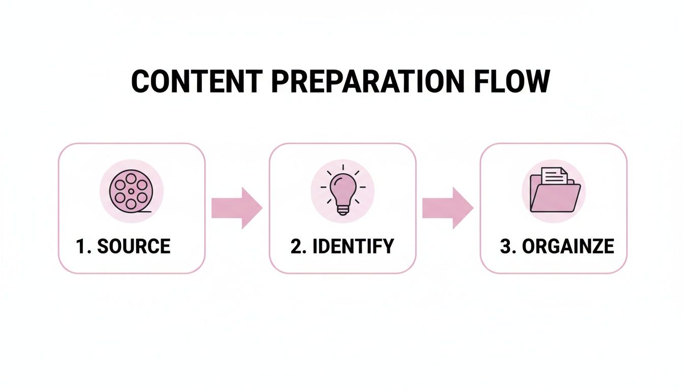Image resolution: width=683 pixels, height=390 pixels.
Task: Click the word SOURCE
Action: [x=134, y=246]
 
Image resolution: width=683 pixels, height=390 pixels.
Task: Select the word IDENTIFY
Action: [x=353, y=246]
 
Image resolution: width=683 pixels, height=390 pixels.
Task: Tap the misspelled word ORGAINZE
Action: [x=568, y=246]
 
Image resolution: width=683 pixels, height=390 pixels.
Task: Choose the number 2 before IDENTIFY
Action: [x=296, y=246]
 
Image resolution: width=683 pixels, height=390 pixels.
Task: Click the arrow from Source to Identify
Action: [x=237, y=208]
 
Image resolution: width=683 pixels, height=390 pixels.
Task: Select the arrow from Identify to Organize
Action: [x=448, y=208]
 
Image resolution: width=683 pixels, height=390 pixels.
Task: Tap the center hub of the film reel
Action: [x=131, y=190]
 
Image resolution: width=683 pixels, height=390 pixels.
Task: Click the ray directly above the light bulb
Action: [x=342, y=167]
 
